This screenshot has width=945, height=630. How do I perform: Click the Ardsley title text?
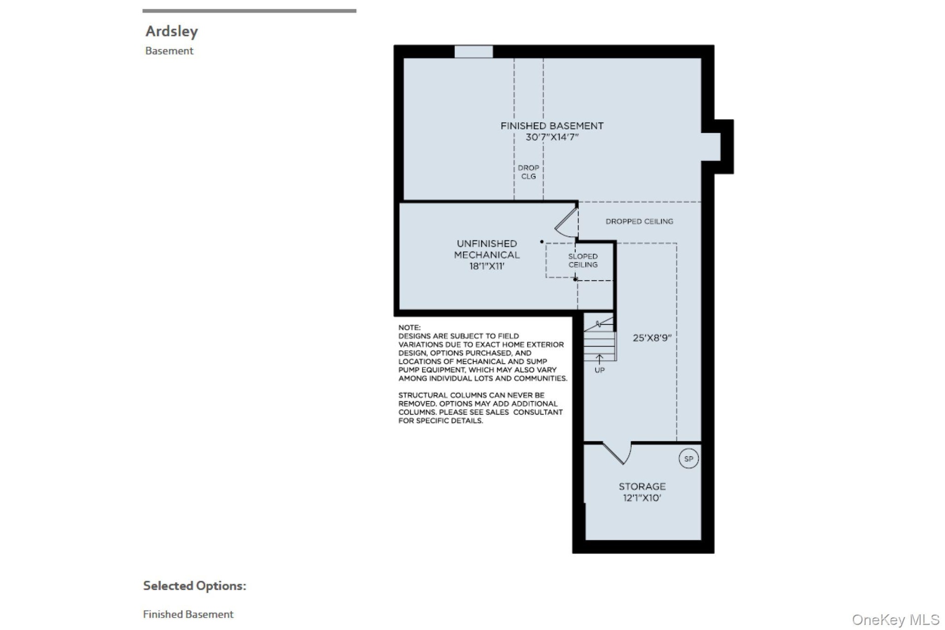click(171, 31)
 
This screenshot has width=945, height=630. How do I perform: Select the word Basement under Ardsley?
click(169, 51)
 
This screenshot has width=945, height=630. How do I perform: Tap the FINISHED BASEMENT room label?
click(552, 126)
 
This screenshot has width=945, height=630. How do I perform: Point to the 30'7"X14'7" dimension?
click(552, 137)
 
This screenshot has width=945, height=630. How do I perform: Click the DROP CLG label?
click(528, 172)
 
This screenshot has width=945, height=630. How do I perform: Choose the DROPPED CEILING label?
click(639, 221)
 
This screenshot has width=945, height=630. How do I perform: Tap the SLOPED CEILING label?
click(583, 260)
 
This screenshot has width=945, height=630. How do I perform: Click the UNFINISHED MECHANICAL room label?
click(486, 249)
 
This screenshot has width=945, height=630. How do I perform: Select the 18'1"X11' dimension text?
click(486, 266)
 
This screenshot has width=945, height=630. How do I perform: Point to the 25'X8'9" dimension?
click(652, 338)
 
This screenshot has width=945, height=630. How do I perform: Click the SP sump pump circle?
click(688, 459)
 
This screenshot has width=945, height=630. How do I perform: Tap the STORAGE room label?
click(642, 486)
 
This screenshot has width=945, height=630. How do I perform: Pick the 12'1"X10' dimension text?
click(642, 498)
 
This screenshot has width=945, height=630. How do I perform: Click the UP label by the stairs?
click(599, 370)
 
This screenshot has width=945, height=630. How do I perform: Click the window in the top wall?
click(473, 51)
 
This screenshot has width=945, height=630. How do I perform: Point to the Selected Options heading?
click(194, 586)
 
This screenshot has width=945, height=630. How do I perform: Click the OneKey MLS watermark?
click(895, 620)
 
